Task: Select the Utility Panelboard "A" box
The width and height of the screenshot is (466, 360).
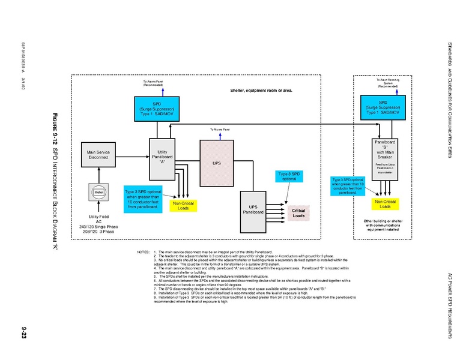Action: click(162, 158)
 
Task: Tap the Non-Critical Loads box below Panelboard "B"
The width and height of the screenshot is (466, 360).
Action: click(384, 204)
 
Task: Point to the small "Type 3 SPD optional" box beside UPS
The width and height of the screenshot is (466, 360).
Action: click(289, 176)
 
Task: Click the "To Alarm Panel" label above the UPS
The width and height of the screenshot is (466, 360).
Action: click(220, 130)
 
